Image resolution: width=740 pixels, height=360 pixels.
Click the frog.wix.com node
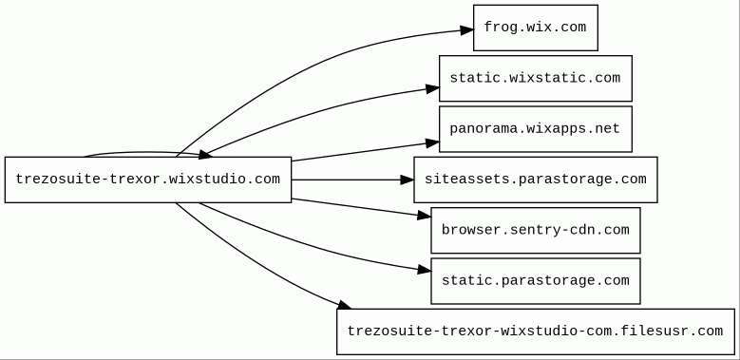coord(536,28)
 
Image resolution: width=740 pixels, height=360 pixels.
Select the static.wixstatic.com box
coord(536,78)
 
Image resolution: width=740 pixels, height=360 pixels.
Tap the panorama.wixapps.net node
coord(536,129)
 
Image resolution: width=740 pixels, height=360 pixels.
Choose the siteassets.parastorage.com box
coord(536,180)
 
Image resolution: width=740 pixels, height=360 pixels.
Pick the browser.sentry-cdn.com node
coord(536,230)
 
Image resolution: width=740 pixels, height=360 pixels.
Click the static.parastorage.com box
coord(536,281)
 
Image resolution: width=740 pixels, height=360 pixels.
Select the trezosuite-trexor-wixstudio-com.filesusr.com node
coord(536,332)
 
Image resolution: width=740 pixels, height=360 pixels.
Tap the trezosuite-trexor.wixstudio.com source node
coord(148,180)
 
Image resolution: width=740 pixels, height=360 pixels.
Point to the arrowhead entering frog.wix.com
coord(467,30)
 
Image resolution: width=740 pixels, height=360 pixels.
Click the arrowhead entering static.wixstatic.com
coord(433,88)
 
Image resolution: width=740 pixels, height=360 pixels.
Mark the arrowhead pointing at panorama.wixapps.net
coord(433,142)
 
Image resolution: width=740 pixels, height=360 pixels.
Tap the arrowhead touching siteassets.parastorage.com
coord(408,180)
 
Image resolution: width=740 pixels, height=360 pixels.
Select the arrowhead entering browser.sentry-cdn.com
coord(425,216)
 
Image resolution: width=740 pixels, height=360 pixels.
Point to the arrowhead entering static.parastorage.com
coord(425,270)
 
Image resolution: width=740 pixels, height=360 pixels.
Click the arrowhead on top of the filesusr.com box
coord(344,304)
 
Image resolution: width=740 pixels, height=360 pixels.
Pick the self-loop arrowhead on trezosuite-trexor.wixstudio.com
coord(205,154)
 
